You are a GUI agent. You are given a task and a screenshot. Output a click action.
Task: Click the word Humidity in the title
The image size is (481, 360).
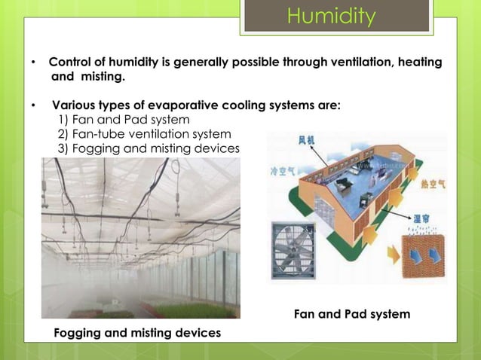tap(331, 17)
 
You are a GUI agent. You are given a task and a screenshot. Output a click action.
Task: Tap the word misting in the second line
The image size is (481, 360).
tap(101, 77)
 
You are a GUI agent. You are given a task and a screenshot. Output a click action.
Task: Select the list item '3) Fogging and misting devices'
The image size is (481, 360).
tap(148, 148)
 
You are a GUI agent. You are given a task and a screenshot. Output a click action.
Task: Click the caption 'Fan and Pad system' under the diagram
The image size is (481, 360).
tap(352, 314)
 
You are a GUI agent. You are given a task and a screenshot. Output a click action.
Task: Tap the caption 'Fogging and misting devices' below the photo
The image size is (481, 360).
tap(137, 332)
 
